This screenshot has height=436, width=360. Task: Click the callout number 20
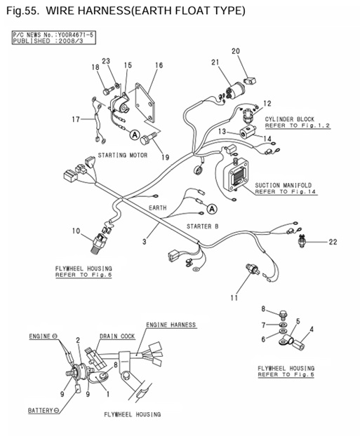point(236,50)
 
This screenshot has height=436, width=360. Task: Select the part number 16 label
point(159,65)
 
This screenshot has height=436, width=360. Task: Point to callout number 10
point(75,231)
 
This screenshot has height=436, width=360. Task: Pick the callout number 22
point(333,242)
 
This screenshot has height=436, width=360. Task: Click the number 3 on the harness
point(145,241)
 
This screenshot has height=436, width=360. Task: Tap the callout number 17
point(76,119)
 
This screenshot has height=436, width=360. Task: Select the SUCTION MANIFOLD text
point(285,185)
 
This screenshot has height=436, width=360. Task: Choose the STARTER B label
point(202,226)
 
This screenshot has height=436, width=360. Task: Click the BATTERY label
point(40,409)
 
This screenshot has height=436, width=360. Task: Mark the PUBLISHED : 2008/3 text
point(41,41)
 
